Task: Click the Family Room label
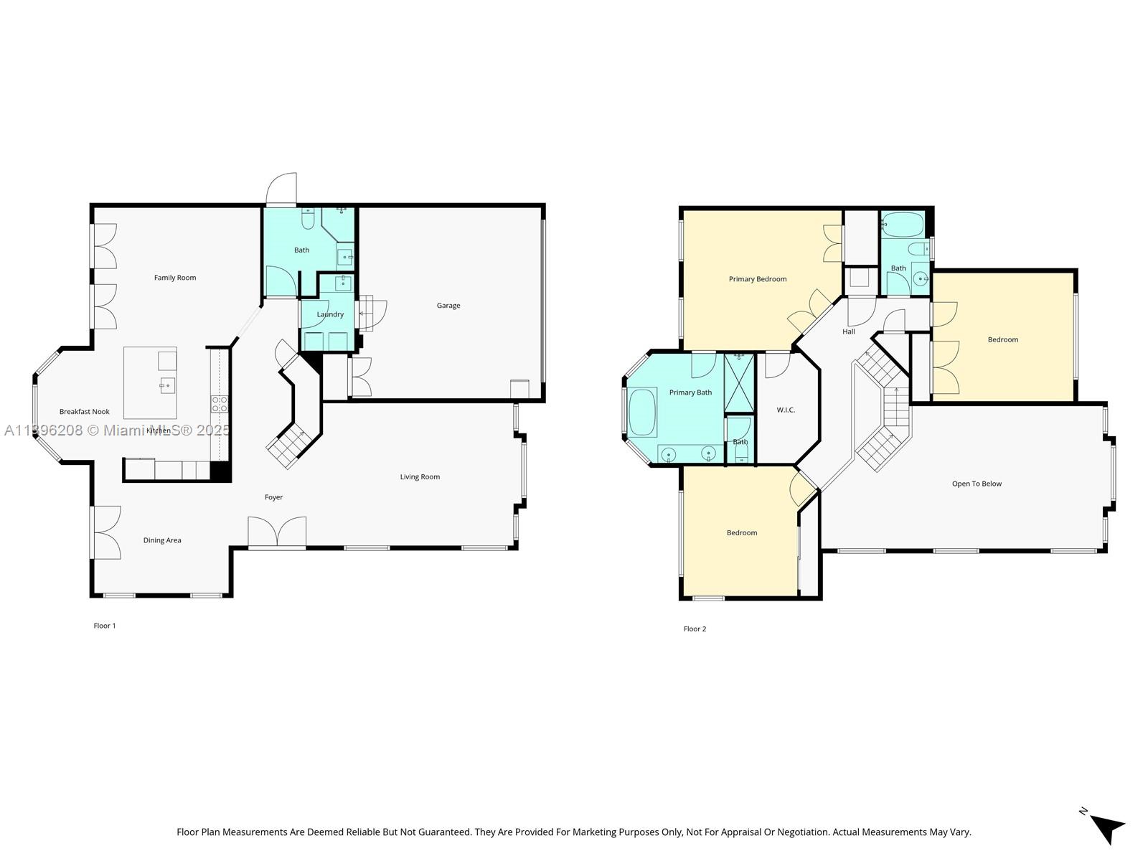coord(175,278)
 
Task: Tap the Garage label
coord(448,306)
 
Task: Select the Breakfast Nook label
coord(84,412)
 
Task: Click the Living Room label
coord(420,477)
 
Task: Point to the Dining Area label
coord(162,540)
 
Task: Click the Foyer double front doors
coord(277,533)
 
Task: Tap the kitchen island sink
coord(166,385)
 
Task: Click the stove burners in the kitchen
coord(220,404)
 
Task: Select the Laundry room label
coord(330,314)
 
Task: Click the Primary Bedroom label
coord(758,279)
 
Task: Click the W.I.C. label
coord(786,410)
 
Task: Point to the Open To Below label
coord(977,484)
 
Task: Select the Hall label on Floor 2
coord(849,331)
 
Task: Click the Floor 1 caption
coord(105,626)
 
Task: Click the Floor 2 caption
coord(695,629)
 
